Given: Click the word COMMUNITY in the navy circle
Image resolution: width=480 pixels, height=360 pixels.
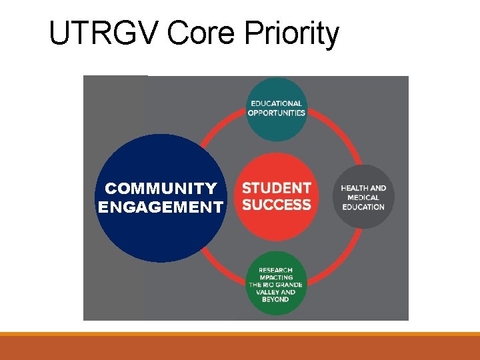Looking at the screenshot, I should pos(161,189).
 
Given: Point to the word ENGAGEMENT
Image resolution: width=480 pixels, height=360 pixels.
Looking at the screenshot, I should pos(161,207).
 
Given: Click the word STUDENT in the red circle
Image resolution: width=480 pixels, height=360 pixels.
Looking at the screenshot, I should pos(277,189).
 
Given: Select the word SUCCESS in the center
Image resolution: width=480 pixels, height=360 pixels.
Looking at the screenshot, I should pos(277,205).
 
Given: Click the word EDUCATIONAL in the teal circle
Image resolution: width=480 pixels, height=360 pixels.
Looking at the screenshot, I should pos(277,103).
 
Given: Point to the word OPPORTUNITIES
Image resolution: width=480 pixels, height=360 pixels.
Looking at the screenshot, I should pos(277,113).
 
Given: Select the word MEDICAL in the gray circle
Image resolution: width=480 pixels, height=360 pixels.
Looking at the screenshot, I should pos(363,197).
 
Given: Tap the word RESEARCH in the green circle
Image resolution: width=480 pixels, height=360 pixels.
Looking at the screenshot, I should pos(276,270).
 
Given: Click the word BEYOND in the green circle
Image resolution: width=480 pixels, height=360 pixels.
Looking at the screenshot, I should pos(276,299).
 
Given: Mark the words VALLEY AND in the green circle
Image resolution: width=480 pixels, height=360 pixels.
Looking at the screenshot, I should pos(276,292).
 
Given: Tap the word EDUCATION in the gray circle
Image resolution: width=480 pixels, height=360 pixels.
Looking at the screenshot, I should pos(363,207).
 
